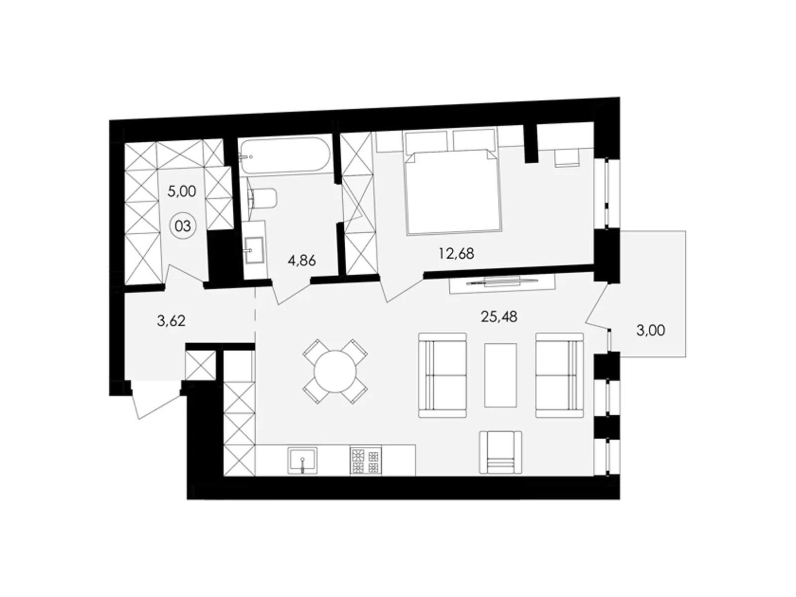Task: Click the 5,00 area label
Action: click(182, 191)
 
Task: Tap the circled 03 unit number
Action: click(183, 226)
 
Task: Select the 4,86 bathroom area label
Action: click(301, 260)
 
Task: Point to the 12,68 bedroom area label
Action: click(456, 253)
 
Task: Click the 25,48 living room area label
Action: click(499, 316)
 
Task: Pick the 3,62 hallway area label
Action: click(171, 321)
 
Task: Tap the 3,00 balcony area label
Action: click(650, 330)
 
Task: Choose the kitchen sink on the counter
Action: click(302, 459)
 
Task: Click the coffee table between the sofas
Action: click(500, 375)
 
